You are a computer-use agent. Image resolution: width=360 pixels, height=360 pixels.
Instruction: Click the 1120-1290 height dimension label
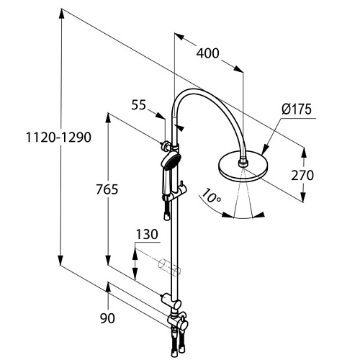pos(58,138)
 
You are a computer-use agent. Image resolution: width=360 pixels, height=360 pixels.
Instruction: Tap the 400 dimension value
pos(208,53)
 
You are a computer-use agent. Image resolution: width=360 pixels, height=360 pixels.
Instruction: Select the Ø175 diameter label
pos(297,109)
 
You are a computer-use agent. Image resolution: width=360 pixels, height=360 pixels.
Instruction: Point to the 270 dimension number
pos(302,175)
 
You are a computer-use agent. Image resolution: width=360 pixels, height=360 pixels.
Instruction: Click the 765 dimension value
pos(107,189)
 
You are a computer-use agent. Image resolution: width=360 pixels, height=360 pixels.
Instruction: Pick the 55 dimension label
pos(138,105)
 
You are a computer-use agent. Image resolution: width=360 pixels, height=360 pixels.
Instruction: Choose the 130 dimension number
pos(147,234)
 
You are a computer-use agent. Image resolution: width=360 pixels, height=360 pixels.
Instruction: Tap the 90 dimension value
pos(107,318)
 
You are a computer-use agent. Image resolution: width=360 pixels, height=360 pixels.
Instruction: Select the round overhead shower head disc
pos(243,166)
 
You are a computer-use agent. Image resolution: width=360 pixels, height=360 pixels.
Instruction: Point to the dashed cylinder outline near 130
pos(168,267)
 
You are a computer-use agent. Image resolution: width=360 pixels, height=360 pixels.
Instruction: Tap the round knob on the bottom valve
pos(184,325)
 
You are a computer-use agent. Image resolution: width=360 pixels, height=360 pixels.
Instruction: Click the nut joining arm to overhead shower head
pos(243,161)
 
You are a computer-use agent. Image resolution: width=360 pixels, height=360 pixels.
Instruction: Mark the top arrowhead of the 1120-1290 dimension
pos(61,14)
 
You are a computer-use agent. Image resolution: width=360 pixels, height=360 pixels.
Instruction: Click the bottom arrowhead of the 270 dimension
pos(303,196)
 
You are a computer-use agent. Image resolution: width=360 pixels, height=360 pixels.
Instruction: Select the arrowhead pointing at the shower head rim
pos(264,149)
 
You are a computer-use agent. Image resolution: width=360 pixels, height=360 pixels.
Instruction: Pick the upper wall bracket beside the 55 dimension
pos(166,145)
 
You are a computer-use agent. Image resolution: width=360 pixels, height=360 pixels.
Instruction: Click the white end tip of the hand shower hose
pos(166,217)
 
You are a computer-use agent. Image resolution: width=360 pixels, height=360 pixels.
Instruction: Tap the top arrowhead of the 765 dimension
pos(108,119)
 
